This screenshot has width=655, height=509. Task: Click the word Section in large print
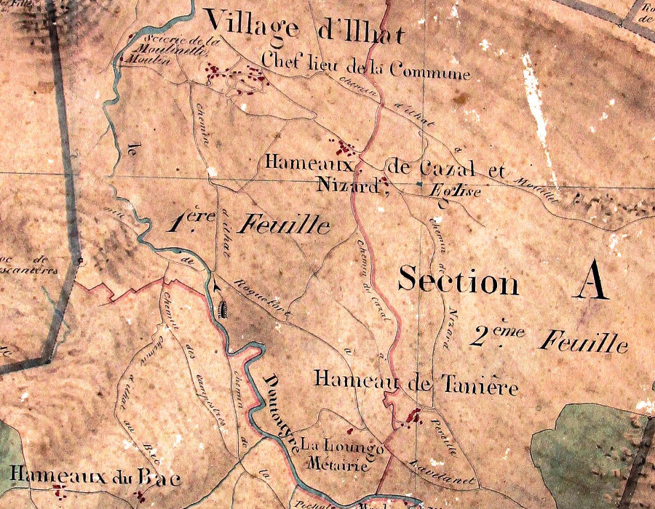(458, 280)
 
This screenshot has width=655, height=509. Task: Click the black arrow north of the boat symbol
(218, 290)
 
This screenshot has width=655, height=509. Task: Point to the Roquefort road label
(263, 300)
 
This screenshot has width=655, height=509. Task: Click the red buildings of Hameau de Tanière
(411, 419)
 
